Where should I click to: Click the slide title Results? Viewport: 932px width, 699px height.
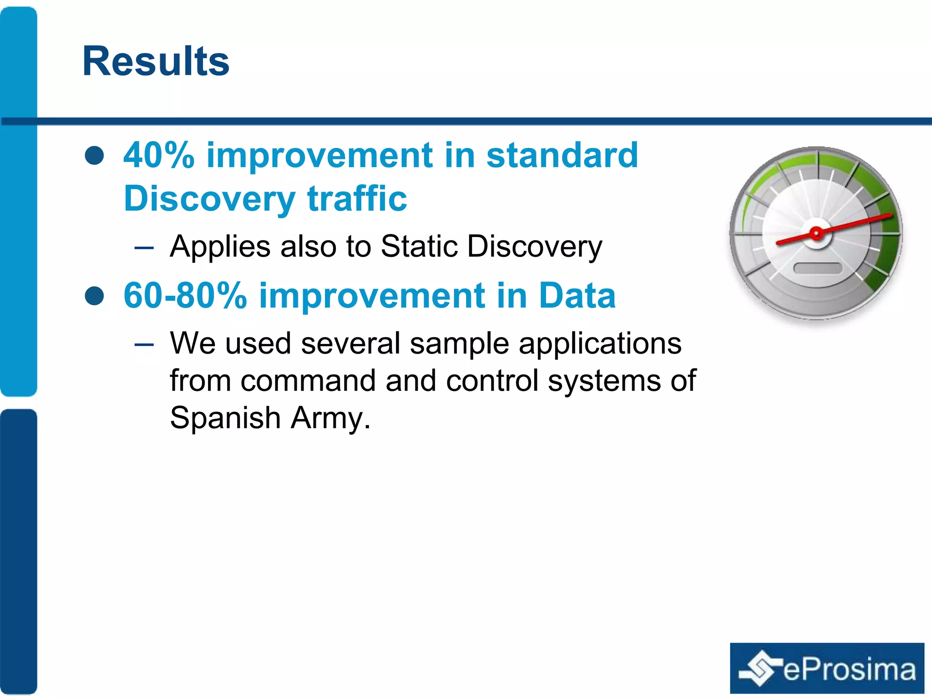[x=156, y=61]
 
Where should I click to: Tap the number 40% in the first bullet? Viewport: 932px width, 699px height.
[x=159, y=155]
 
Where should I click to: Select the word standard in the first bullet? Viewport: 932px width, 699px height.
[x=562, y=155]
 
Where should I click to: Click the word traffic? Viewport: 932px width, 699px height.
[x=357, y=199]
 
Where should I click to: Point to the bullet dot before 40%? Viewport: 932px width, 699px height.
[x=95, y=156]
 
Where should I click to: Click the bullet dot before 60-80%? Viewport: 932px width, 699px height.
[x=95, y=296]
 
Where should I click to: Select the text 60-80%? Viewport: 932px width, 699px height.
[x=185, y=296]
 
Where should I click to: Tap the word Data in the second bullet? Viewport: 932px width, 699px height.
[x=577, y=296]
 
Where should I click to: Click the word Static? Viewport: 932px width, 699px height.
[x=419, y=247]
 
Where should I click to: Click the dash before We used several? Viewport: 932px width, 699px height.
[x=144, y=344]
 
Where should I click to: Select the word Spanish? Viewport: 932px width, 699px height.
[x=225, y=418]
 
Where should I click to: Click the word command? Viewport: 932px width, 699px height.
[x=308, y=380]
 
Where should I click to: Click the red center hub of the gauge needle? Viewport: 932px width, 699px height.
[x=816, y=234]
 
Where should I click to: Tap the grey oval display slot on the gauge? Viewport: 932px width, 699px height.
[x=817, y=268]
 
